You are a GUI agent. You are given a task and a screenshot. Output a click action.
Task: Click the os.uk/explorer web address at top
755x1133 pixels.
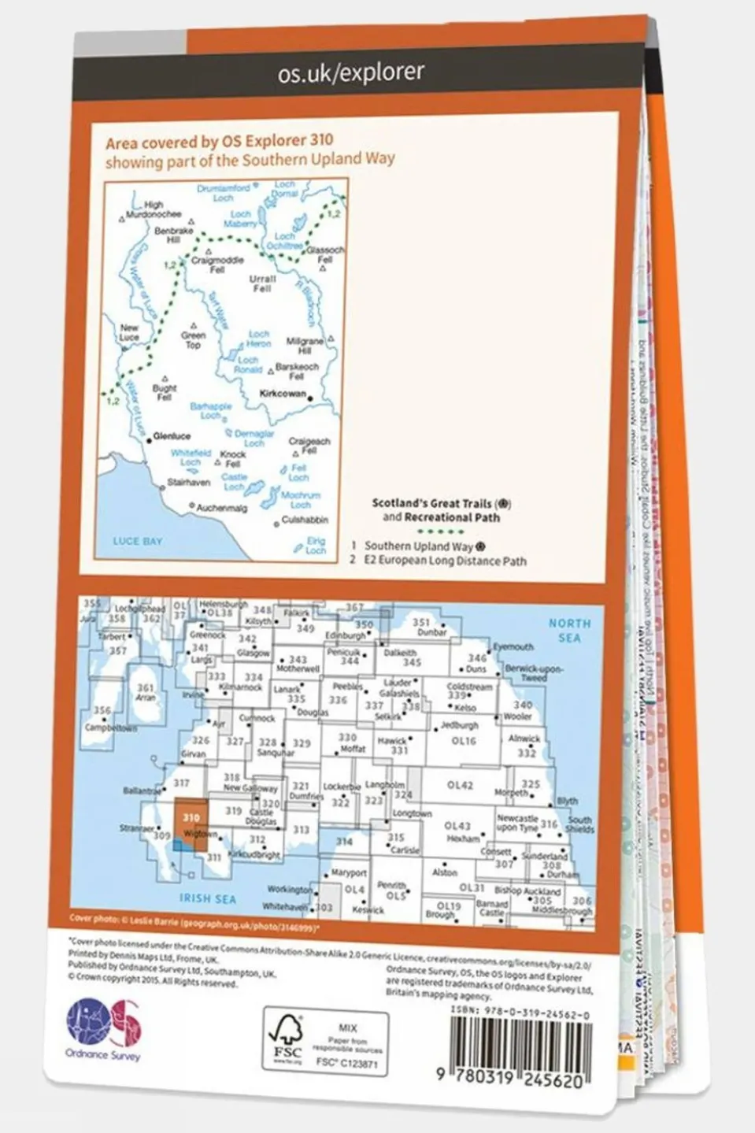pos(351,73)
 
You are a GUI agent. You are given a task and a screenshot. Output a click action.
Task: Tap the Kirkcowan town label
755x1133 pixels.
pos(283,394)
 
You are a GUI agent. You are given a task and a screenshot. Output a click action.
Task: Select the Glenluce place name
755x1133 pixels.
pos(172,435)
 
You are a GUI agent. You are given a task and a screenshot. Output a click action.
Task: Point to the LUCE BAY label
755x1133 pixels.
pos(137,541)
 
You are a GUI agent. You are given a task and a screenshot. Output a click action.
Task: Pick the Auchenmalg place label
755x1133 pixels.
pos(221,509)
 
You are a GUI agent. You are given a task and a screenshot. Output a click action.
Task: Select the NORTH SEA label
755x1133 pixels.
pos(569,630)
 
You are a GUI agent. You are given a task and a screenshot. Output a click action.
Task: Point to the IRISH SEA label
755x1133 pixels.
pos(207,898)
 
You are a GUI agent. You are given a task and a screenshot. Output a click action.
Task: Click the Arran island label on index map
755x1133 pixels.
pos(146,693)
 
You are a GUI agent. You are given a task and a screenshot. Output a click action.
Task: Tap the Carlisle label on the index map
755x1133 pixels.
pos(405,850)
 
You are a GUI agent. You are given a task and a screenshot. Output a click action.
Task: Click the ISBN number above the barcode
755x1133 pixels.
pos(520,1016)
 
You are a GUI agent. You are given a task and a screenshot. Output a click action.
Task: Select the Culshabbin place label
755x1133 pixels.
pos(305,520)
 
